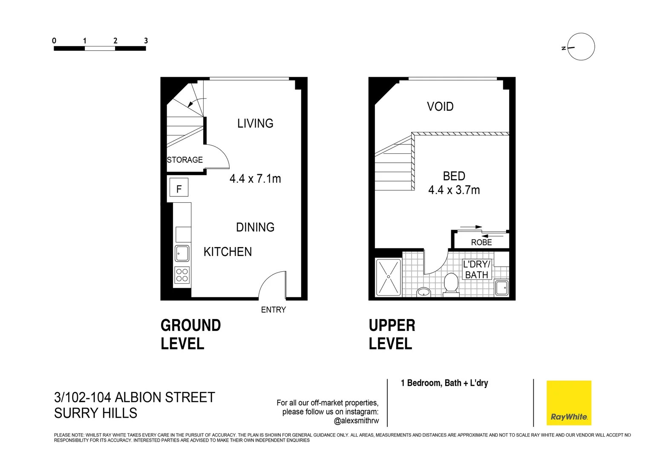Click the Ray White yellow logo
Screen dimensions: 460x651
click(x=568, y=402)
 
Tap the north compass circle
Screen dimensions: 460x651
click(x=581, y=46)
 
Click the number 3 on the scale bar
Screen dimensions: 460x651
click(x=146, y=41)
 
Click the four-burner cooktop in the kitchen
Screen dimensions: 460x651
click(x=182, y=275)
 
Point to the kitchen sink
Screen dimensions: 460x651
click(x=182, y=253)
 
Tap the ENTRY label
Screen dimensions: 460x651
click(x=273, y=310)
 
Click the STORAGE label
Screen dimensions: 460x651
click(x=185, y=160)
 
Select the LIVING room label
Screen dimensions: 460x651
click(x=255, y=124)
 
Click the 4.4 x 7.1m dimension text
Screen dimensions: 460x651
click(x=255, y=178)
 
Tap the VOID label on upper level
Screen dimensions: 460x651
click(x=440, y=106)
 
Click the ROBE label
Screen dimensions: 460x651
click(x=481, y=242)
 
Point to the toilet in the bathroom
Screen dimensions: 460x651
click(x=451, y=284)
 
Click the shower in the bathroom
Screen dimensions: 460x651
click(x=388, y=277)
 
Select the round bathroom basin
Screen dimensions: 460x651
click(x=423, y=292)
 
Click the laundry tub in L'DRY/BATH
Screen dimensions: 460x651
click(x=502, y=287)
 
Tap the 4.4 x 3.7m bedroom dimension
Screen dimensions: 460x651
click(x=454, y=190)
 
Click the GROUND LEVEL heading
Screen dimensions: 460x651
click(x=190, y=334)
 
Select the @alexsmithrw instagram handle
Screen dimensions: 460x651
click(x=356, y=421)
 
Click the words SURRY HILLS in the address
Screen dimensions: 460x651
click(x=96, y=413)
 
